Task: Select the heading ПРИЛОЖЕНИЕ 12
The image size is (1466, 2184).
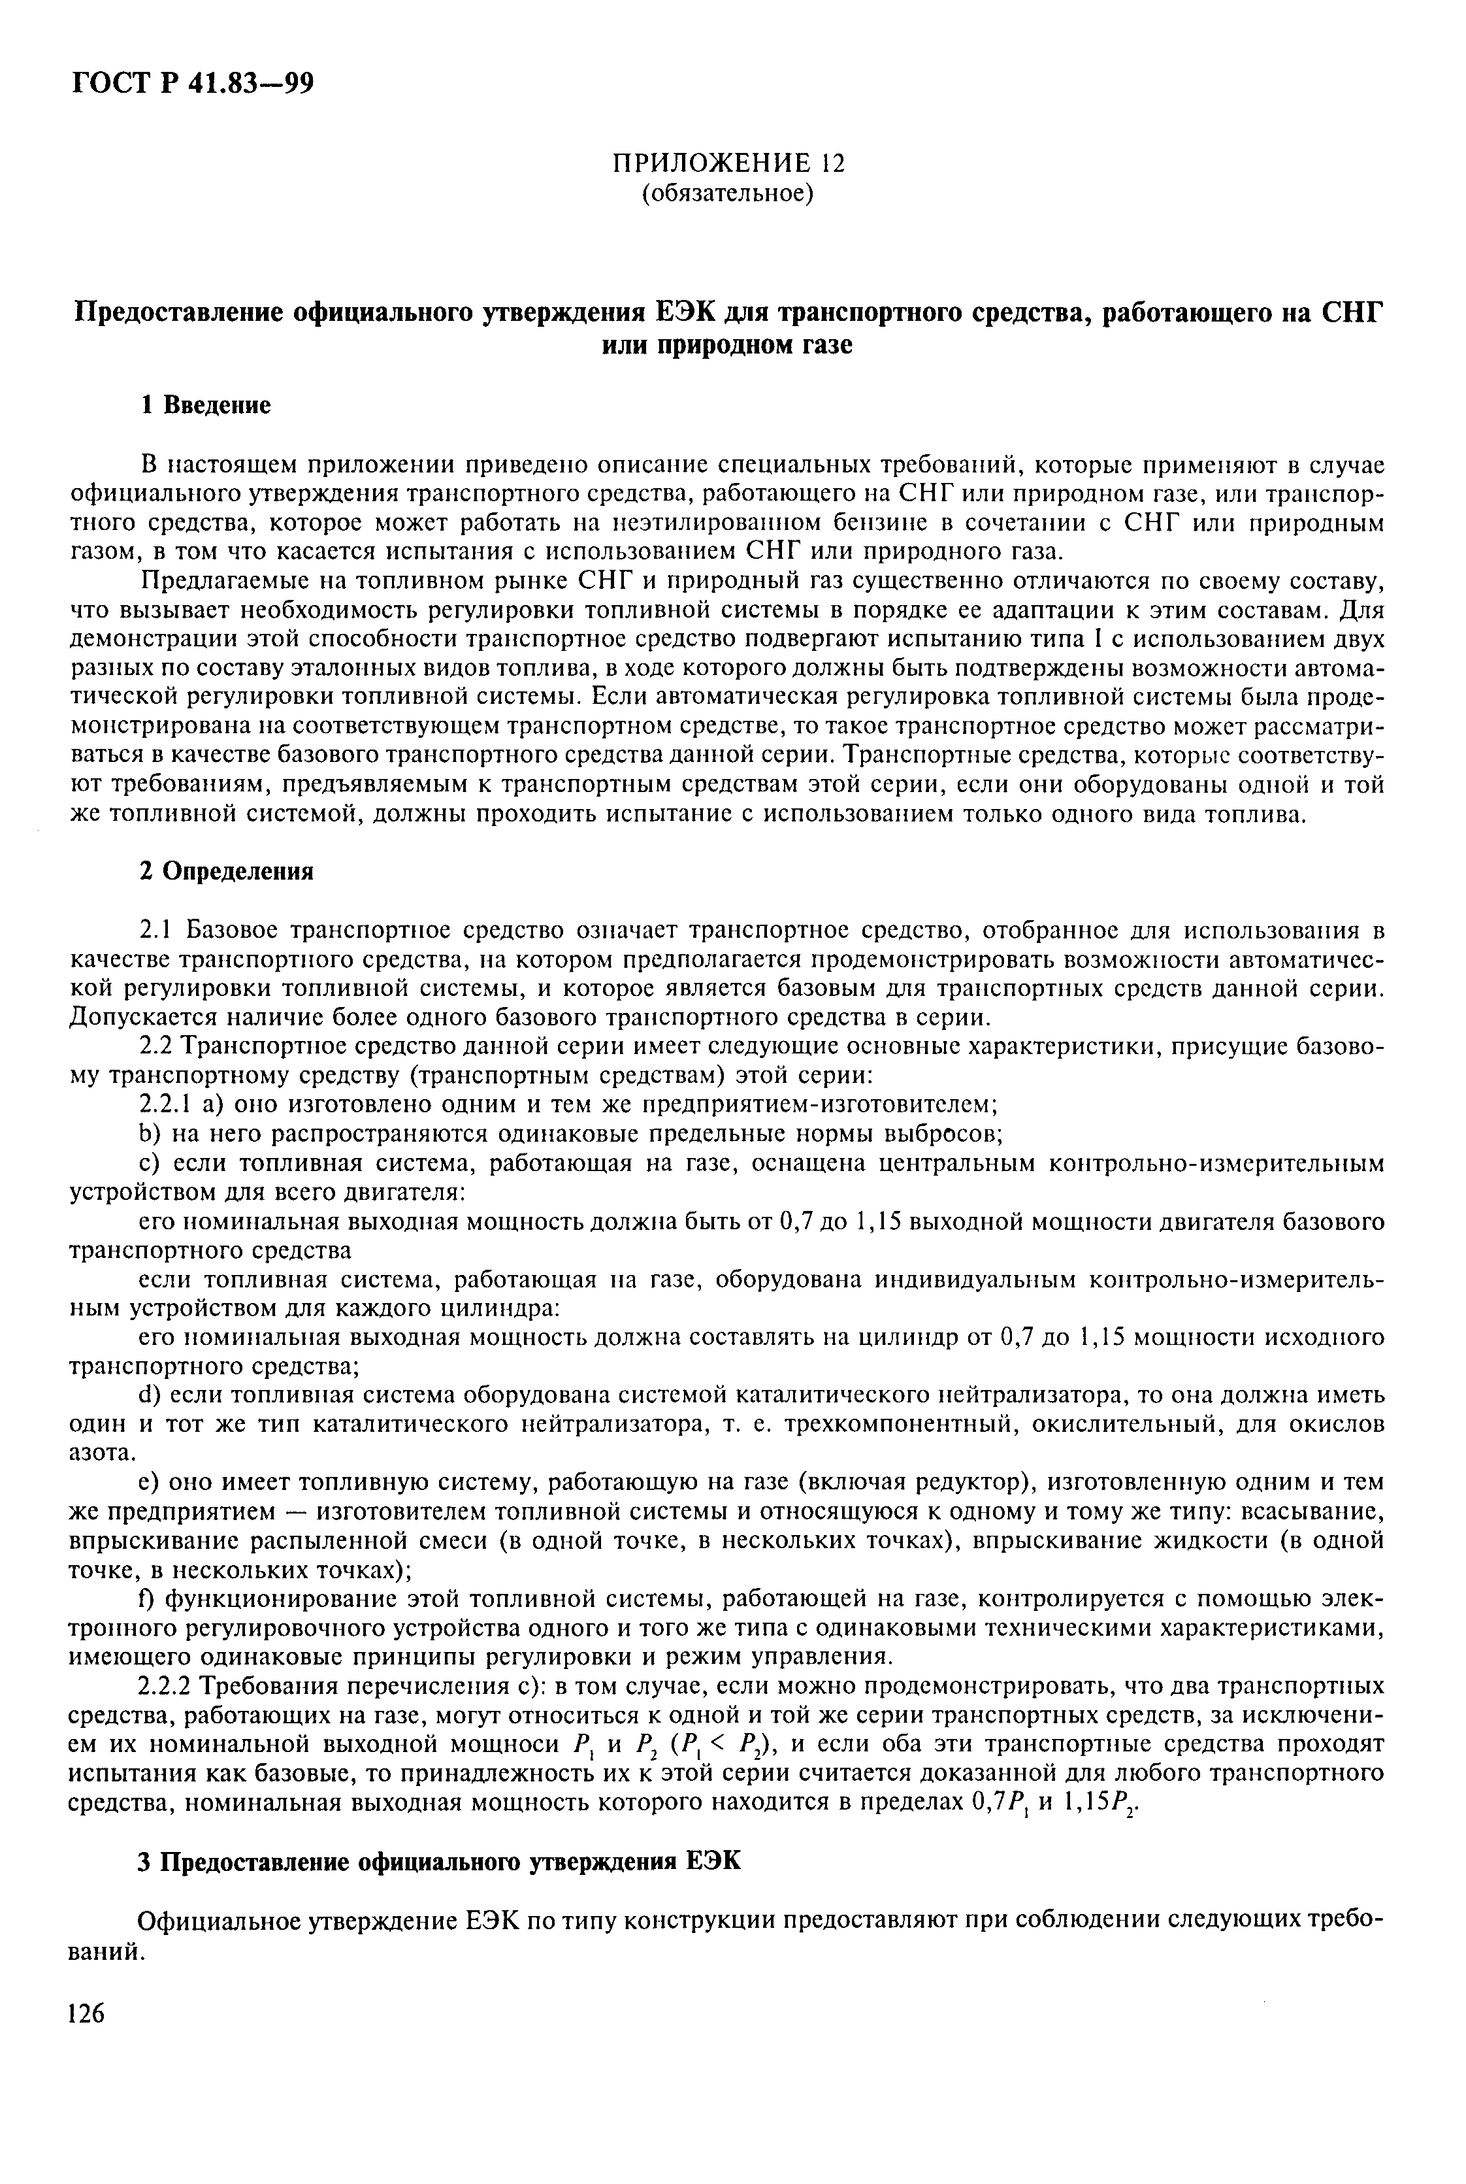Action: click(727, 163)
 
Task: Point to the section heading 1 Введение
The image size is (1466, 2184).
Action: click(206, 405)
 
